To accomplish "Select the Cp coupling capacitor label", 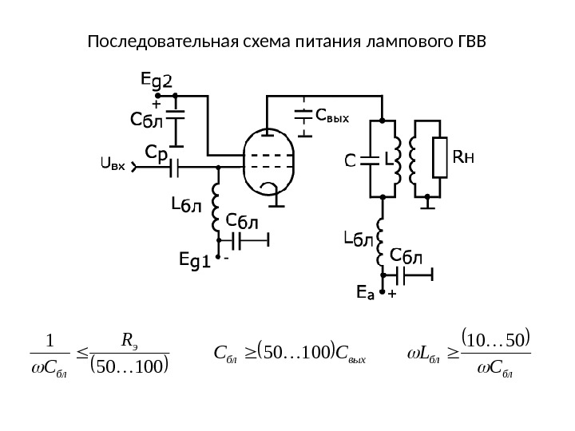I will tap(157, 152).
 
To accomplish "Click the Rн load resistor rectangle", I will tap(438, 158).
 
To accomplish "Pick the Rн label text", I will tap(463, 158).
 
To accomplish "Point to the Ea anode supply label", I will tap(365, 295).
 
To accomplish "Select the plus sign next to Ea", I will tap(391, 295).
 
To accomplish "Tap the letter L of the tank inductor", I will tap(389, 160).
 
